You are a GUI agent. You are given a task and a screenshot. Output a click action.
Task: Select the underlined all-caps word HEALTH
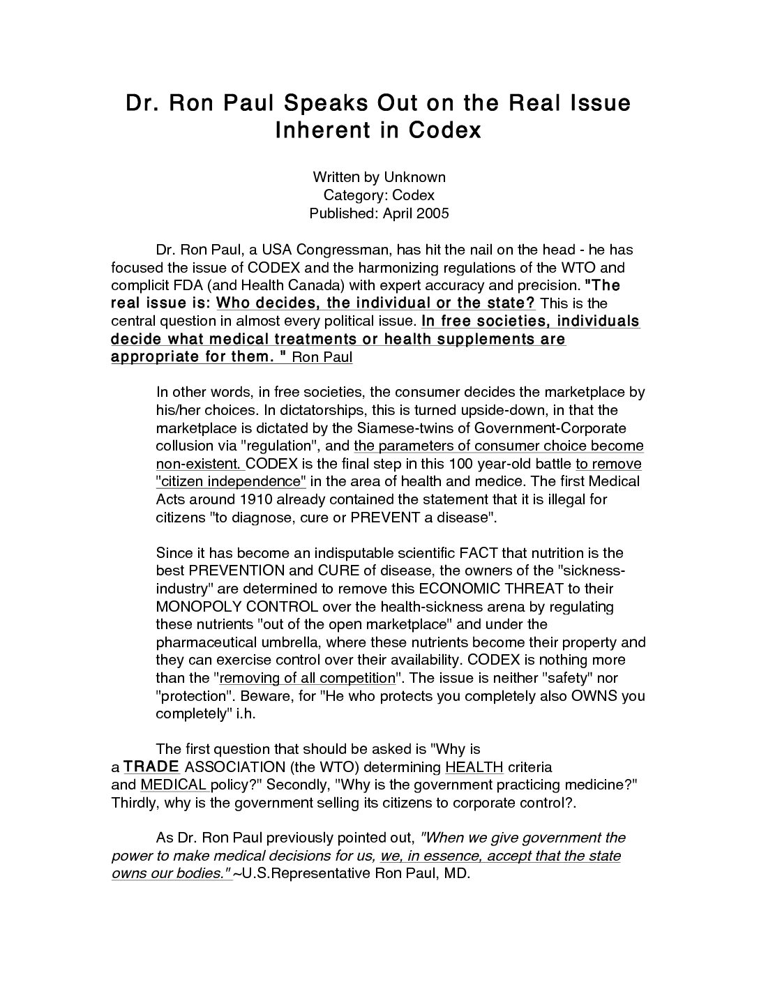[x=474, y=767]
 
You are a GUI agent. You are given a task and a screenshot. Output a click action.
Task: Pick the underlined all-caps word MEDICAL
[x=173, y=785]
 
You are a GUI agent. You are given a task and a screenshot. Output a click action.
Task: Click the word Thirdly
[x=135, y=803]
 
